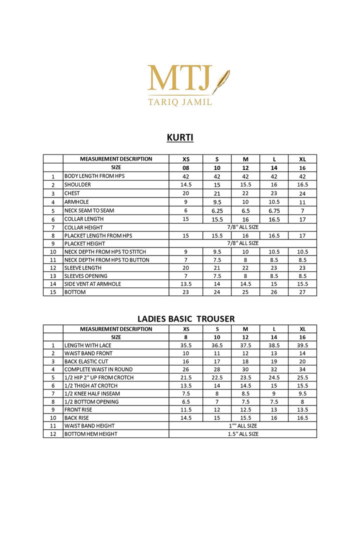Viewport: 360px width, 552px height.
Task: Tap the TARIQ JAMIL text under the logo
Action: tap(180, 101)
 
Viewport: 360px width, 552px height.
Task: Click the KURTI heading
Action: tap(180, 137)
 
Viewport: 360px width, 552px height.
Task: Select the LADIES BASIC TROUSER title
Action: tap(186, 319)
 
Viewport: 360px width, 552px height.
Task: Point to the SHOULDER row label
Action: tap(77, 185)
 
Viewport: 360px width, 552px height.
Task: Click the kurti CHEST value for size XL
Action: tap(302, 193)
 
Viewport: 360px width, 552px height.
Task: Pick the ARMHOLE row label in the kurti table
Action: tap(76, 202)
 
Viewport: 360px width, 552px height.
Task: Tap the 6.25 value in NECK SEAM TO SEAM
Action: tap(217, 210)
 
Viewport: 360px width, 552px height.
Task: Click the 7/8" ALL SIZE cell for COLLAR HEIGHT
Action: tap(242, 227)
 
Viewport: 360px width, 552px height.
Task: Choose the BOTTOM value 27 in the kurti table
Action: tap(302, 292)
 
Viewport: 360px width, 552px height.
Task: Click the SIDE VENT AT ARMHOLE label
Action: tap(92, 284)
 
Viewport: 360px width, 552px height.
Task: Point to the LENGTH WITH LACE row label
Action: tap(88, 345)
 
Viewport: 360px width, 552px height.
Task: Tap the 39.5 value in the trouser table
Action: tap(302, 345)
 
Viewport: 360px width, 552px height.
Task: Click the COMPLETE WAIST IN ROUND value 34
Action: tap(302, 369)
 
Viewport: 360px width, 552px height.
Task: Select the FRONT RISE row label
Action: tap(78, 410)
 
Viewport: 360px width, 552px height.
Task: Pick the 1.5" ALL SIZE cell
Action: tap(242, 434)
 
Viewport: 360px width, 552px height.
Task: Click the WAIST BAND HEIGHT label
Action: tap(89, 426)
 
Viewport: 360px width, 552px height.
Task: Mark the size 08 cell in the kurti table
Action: tap(185, 168)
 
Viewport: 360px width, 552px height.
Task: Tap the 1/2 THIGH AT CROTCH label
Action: tap(91, 385)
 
